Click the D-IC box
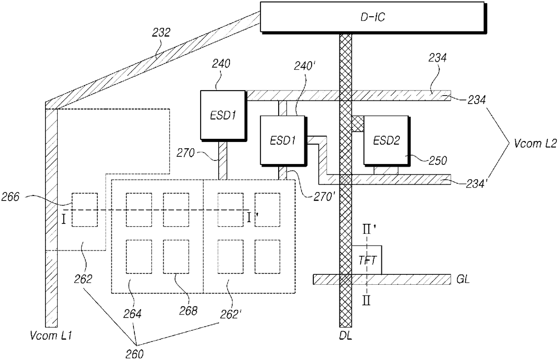373,18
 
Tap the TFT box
367,260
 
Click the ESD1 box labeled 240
224,116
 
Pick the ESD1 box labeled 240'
284,141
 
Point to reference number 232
161,33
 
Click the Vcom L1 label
51,336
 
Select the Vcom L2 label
535,143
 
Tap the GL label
463,279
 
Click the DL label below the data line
346,336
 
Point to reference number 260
135,354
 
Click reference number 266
10,197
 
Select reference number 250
438,161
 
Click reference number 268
188,311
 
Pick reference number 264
133,314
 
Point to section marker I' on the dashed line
252,218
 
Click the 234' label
477,184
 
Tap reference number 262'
231,314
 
